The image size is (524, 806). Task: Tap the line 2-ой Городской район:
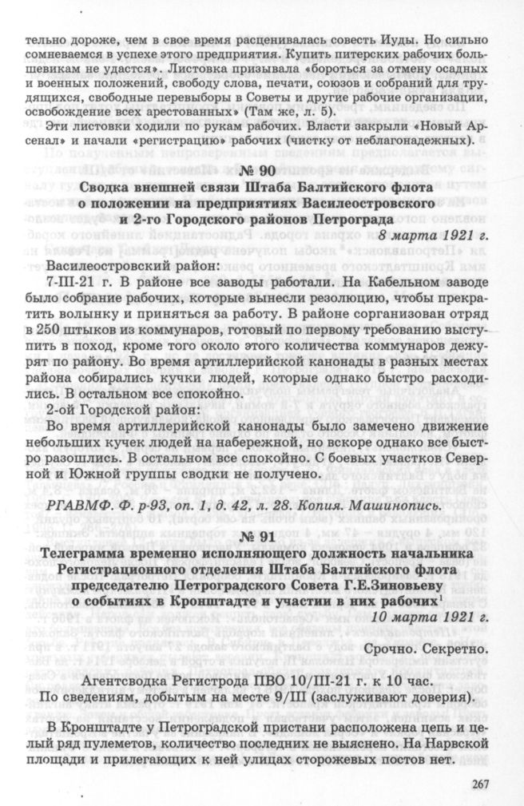click(x=115, y=409)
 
